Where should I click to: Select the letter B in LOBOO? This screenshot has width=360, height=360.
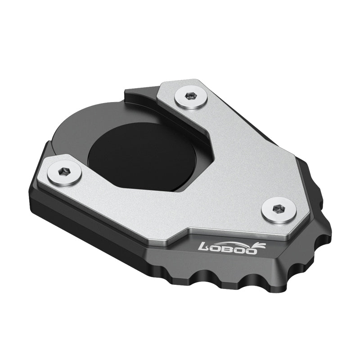click(229, 248)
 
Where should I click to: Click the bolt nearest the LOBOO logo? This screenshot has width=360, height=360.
click(279, 210)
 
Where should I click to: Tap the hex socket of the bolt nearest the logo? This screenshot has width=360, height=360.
click(279, 209)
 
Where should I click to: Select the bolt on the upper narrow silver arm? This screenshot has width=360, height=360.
click(191, 97)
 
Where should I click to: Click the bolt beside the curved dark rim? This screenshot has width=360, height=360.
click(65, 172)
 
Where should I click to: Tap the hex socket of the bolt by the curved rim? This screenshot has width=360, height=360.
click(65, 171)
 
